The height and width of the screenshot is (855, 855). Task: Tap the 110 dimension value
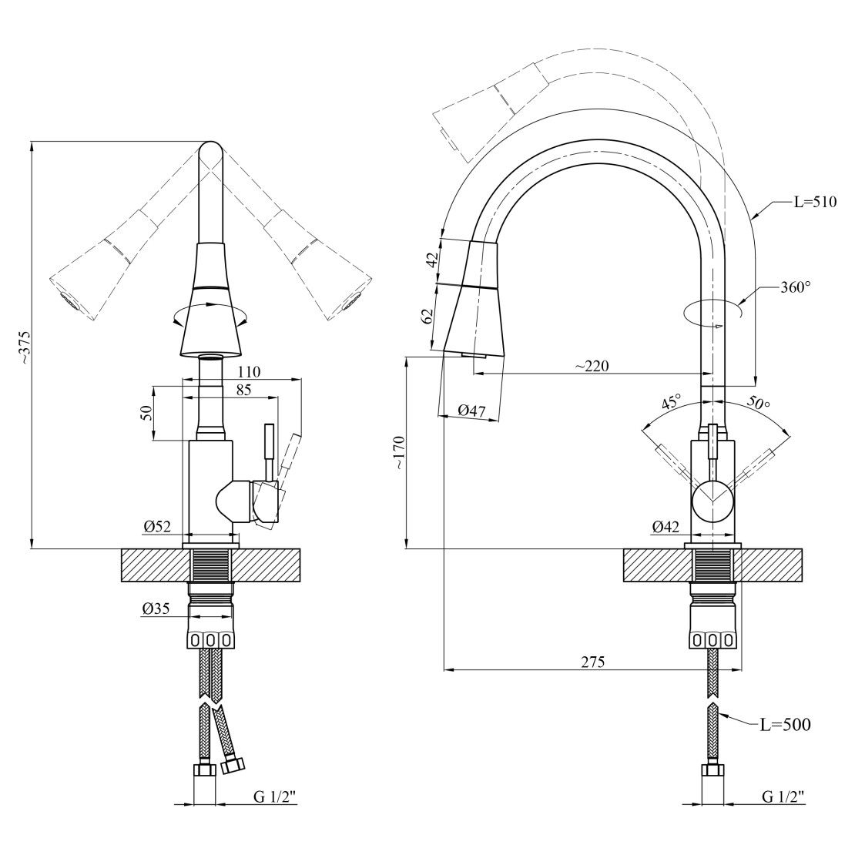click(x=250, y=372)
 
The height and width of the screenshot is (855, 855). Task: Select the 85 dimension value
click(x=243, y=390)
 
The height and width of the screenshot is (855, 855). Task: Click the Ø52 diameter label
click(x=158, y=526)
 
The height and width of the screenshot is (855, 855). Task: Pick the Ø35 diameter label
click(x=156, y=609)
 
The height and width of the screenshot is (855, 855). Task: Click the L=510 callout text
click(x=815, y=202)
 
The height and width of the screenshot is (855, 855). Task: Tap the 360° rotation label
click(x=796, y=287)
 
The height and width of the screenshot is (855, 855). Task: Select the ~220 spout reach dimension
click(x=592, y=366)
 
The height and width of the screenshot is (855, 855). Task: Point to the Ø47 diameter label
click(x=471, y=410)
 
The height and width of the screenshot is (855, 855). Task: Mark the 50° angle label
click(x=758, y=403)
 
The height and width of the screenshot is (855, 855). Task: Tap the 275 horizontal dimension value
click(x=592, y=662)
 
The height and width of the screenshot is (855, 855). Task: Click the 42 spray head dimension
click(x=432, y=260)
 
